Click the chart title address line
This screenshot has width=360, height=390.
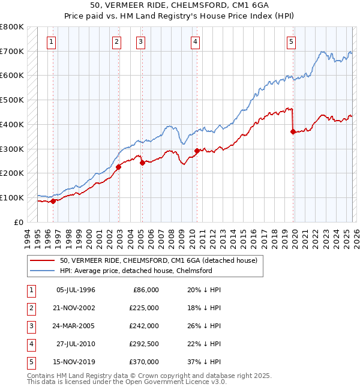(180, 5)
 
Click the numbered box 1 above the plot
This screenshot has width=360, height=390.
(52, 42)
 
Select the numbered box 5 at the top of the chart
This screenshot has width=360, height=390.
(291, 42)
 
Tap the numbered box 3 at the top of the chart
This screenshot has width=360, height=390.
(140, 42)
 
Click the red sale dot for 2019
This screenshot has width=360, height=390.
(293, 132)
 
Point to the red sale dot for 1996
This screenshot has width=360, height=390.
(53, 201)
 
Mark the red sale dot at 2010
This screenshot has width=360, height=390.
(197, 151)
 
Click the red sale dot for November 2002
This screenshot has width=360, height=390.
(118, 167)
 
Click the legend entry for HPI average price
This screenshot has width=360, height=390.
(136, 271)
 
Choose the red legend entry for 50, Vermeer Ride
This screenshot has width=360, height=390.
(158, 260)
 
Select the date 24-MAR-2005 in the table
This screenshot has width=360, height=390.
(76, 326)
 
